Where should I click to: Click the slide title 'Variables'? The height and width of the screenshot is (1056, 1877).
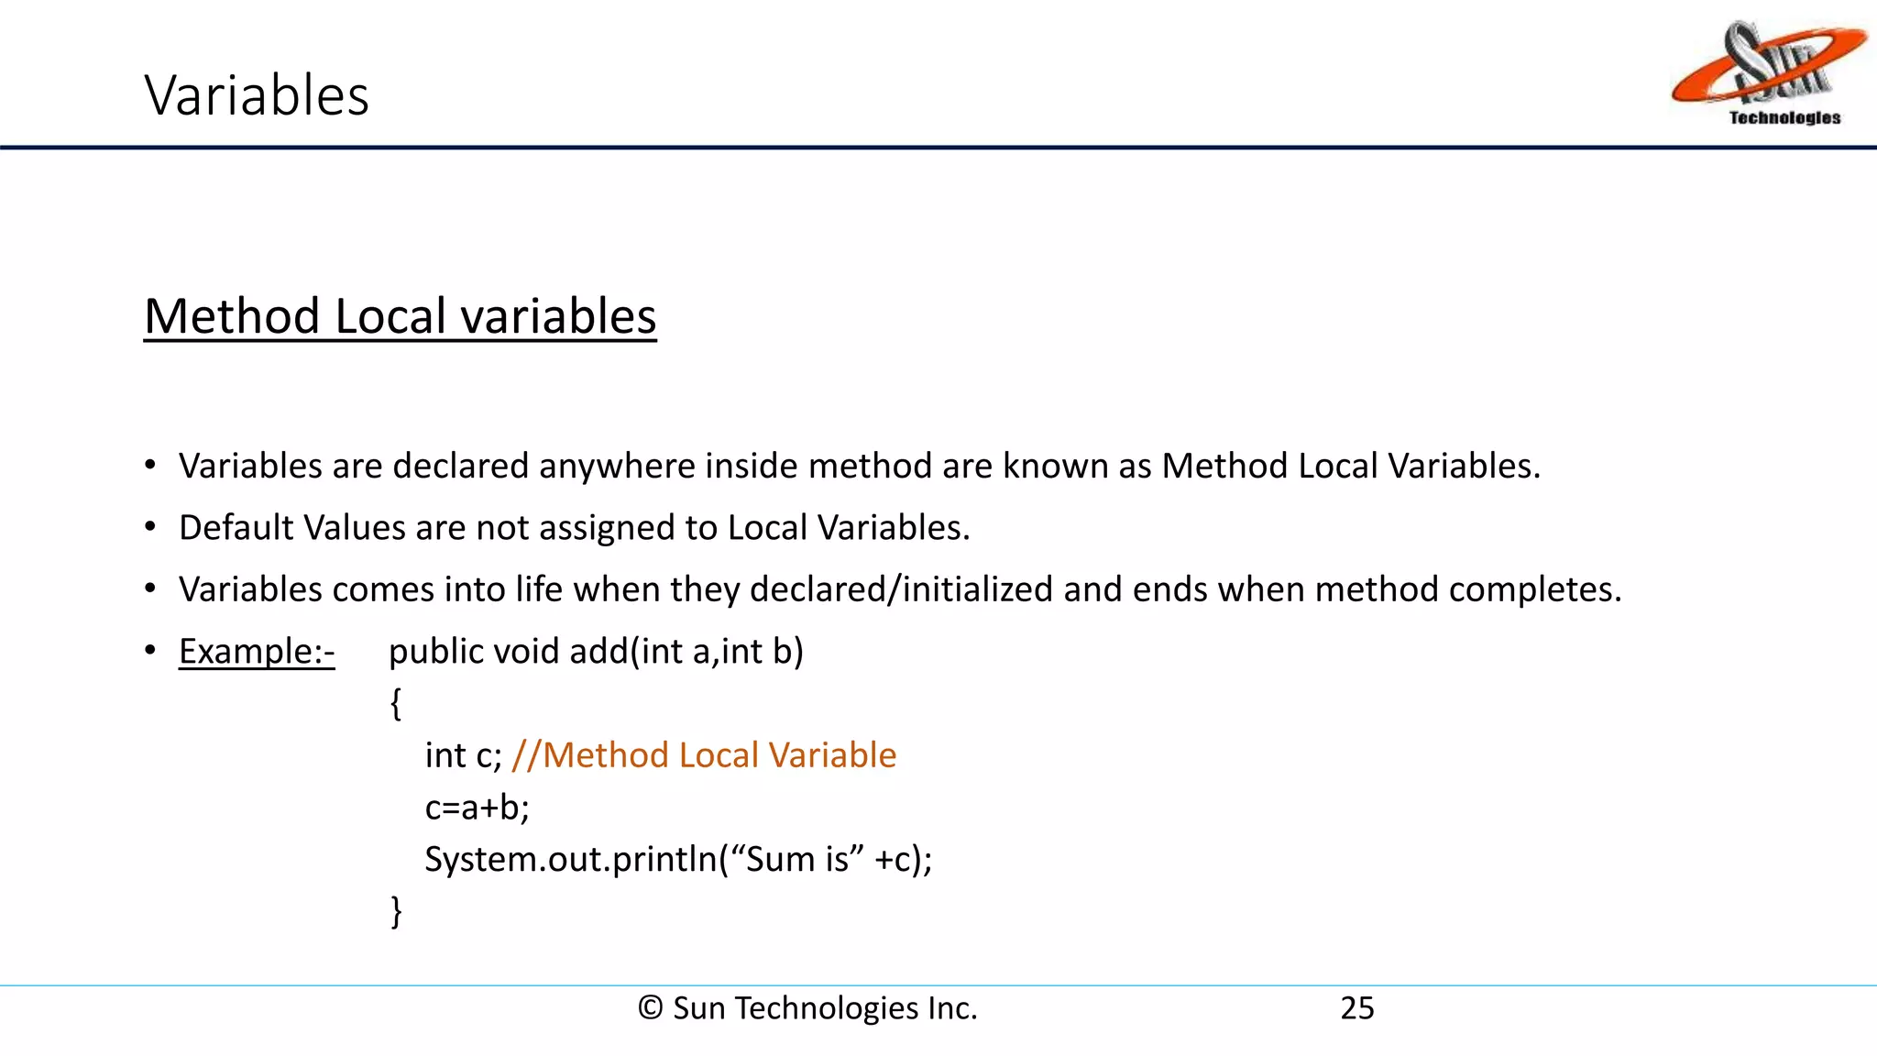click(257, 95)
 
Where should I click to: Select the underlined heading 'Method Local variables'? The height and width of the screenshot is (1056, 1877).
click(400, 316)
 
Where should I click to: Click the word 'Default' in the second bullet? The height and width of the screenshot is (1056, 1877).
click(236, 528)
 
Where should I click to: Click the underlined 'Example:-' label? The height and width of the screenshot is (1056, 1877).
click(257, 652)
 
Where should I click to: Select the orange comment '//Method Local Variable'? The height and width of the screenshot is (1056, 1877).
click(704, 755)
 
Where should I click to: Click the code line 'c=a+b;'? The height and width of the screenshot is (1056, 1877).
click(477, 808)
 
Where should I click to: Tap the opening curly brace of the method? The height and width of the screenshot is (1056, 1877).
click(396, 704)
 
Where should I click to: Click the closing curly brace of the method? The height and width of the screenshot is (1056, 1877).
click(396, 911)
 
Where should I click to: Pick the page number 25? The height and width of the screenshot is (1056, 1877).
click(1357, 1008)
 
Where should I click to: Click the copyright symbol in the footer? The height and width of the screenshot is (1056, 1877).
click(650, 1008)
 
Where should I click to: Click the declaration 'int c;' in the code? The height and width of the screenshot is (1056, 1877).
click(463, 755)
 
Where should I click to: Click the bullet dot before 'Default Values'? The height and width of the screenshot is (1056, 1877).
click(150, 527)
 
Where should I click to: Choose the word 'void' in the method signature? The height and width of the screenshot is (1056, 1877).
click(525, 652)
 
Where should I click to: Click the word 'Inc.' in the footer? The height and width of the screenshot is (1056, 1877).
click(952, 1008)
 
